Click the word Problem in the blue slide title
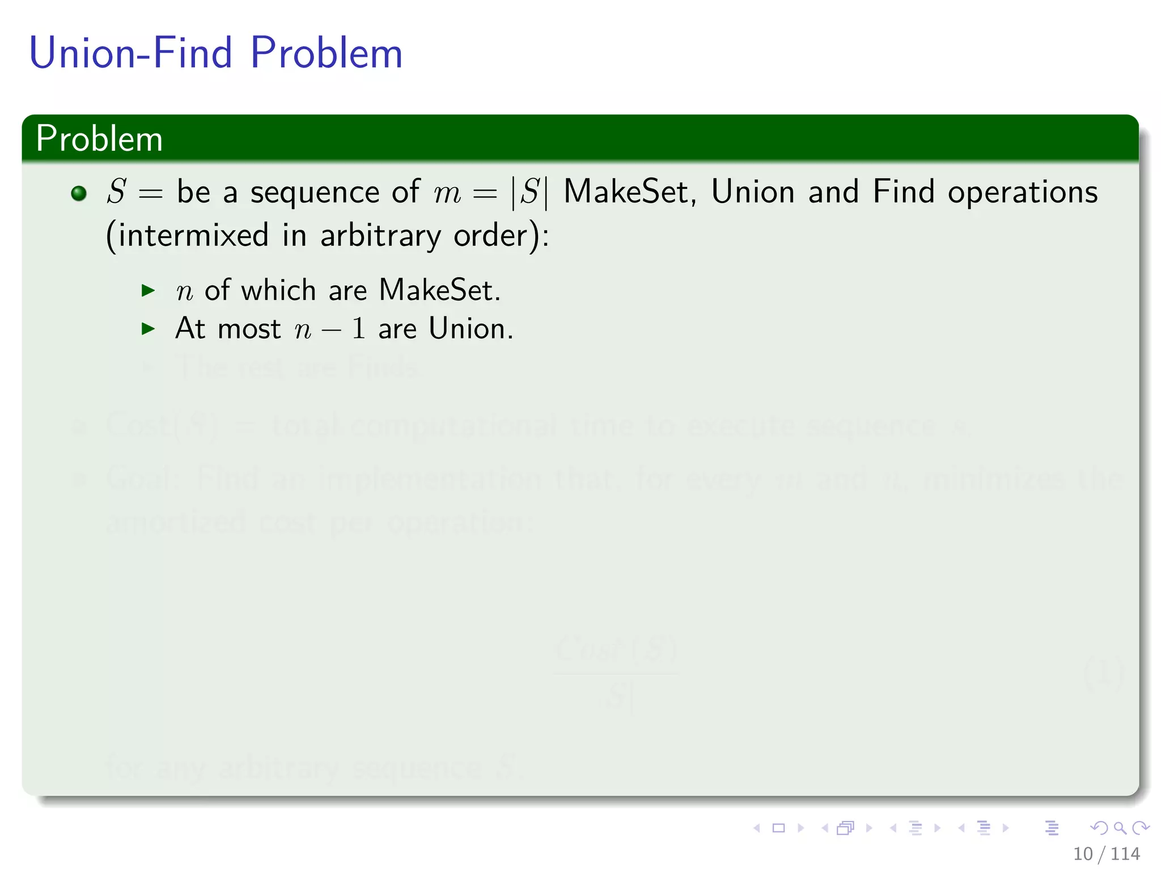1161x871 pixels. point(326,53)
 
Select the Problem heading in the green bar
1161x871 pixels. point(99,138)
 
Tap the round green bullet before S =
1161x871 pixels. point(79,193)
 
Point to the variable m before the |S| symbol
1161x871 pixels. point(447,193)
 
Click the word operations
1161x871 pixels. point(1023,193)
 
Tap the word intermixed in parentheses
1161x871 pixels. point(193,235)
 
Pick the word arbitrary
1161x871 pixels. point(380,235)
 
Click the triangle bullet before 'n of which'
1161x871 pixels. point(148,291)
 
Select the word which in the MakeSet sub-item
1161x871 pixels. point(278,290)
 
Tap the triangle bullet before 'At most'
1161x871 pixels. point(148,328)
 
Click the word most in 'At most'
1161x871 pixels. point(249,329)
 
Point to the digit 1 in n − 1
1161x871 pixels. point(358,329)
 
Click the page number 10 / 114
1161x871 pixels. point(1106,853)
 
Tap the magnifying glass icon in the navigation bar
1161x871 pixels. point(1120,828)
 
